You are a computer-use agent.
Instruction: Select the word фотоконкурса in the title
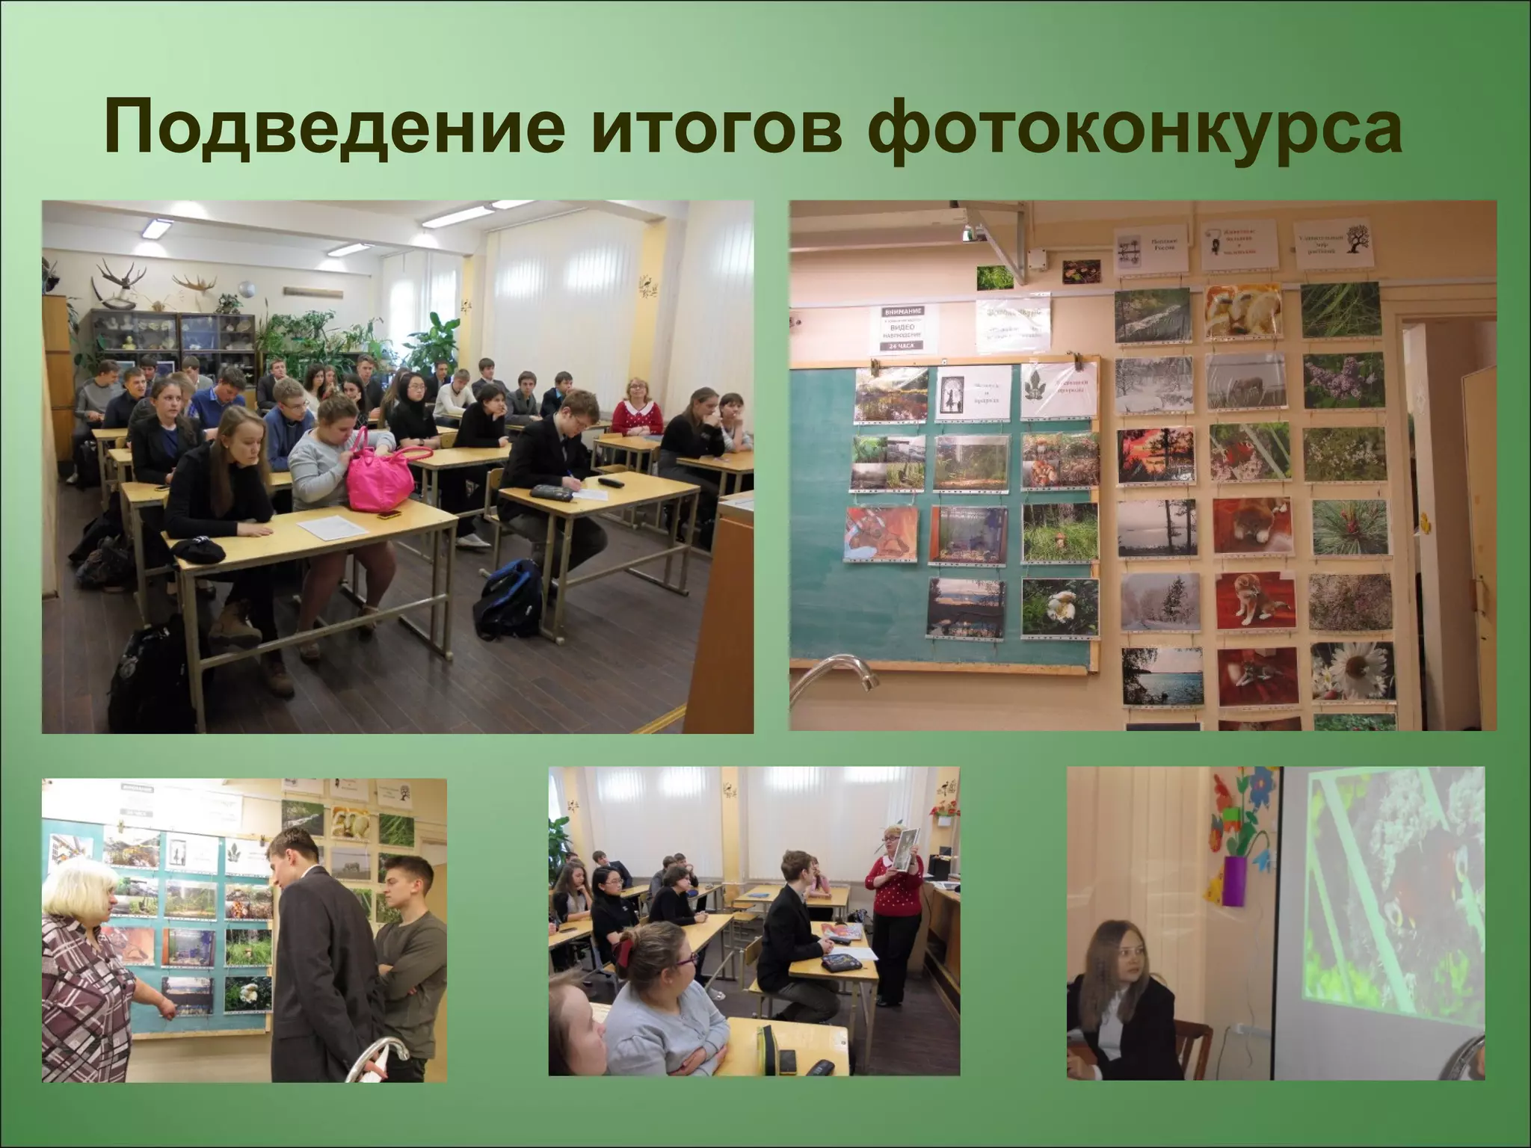coord(1136,129)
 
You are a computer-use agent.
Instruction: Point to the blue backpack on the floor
coord(511,599)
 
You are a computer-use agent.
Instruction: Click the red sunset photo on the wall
coord(1153,457)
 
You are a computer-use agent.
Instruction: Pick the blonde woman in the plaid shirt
coord(86,987)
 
